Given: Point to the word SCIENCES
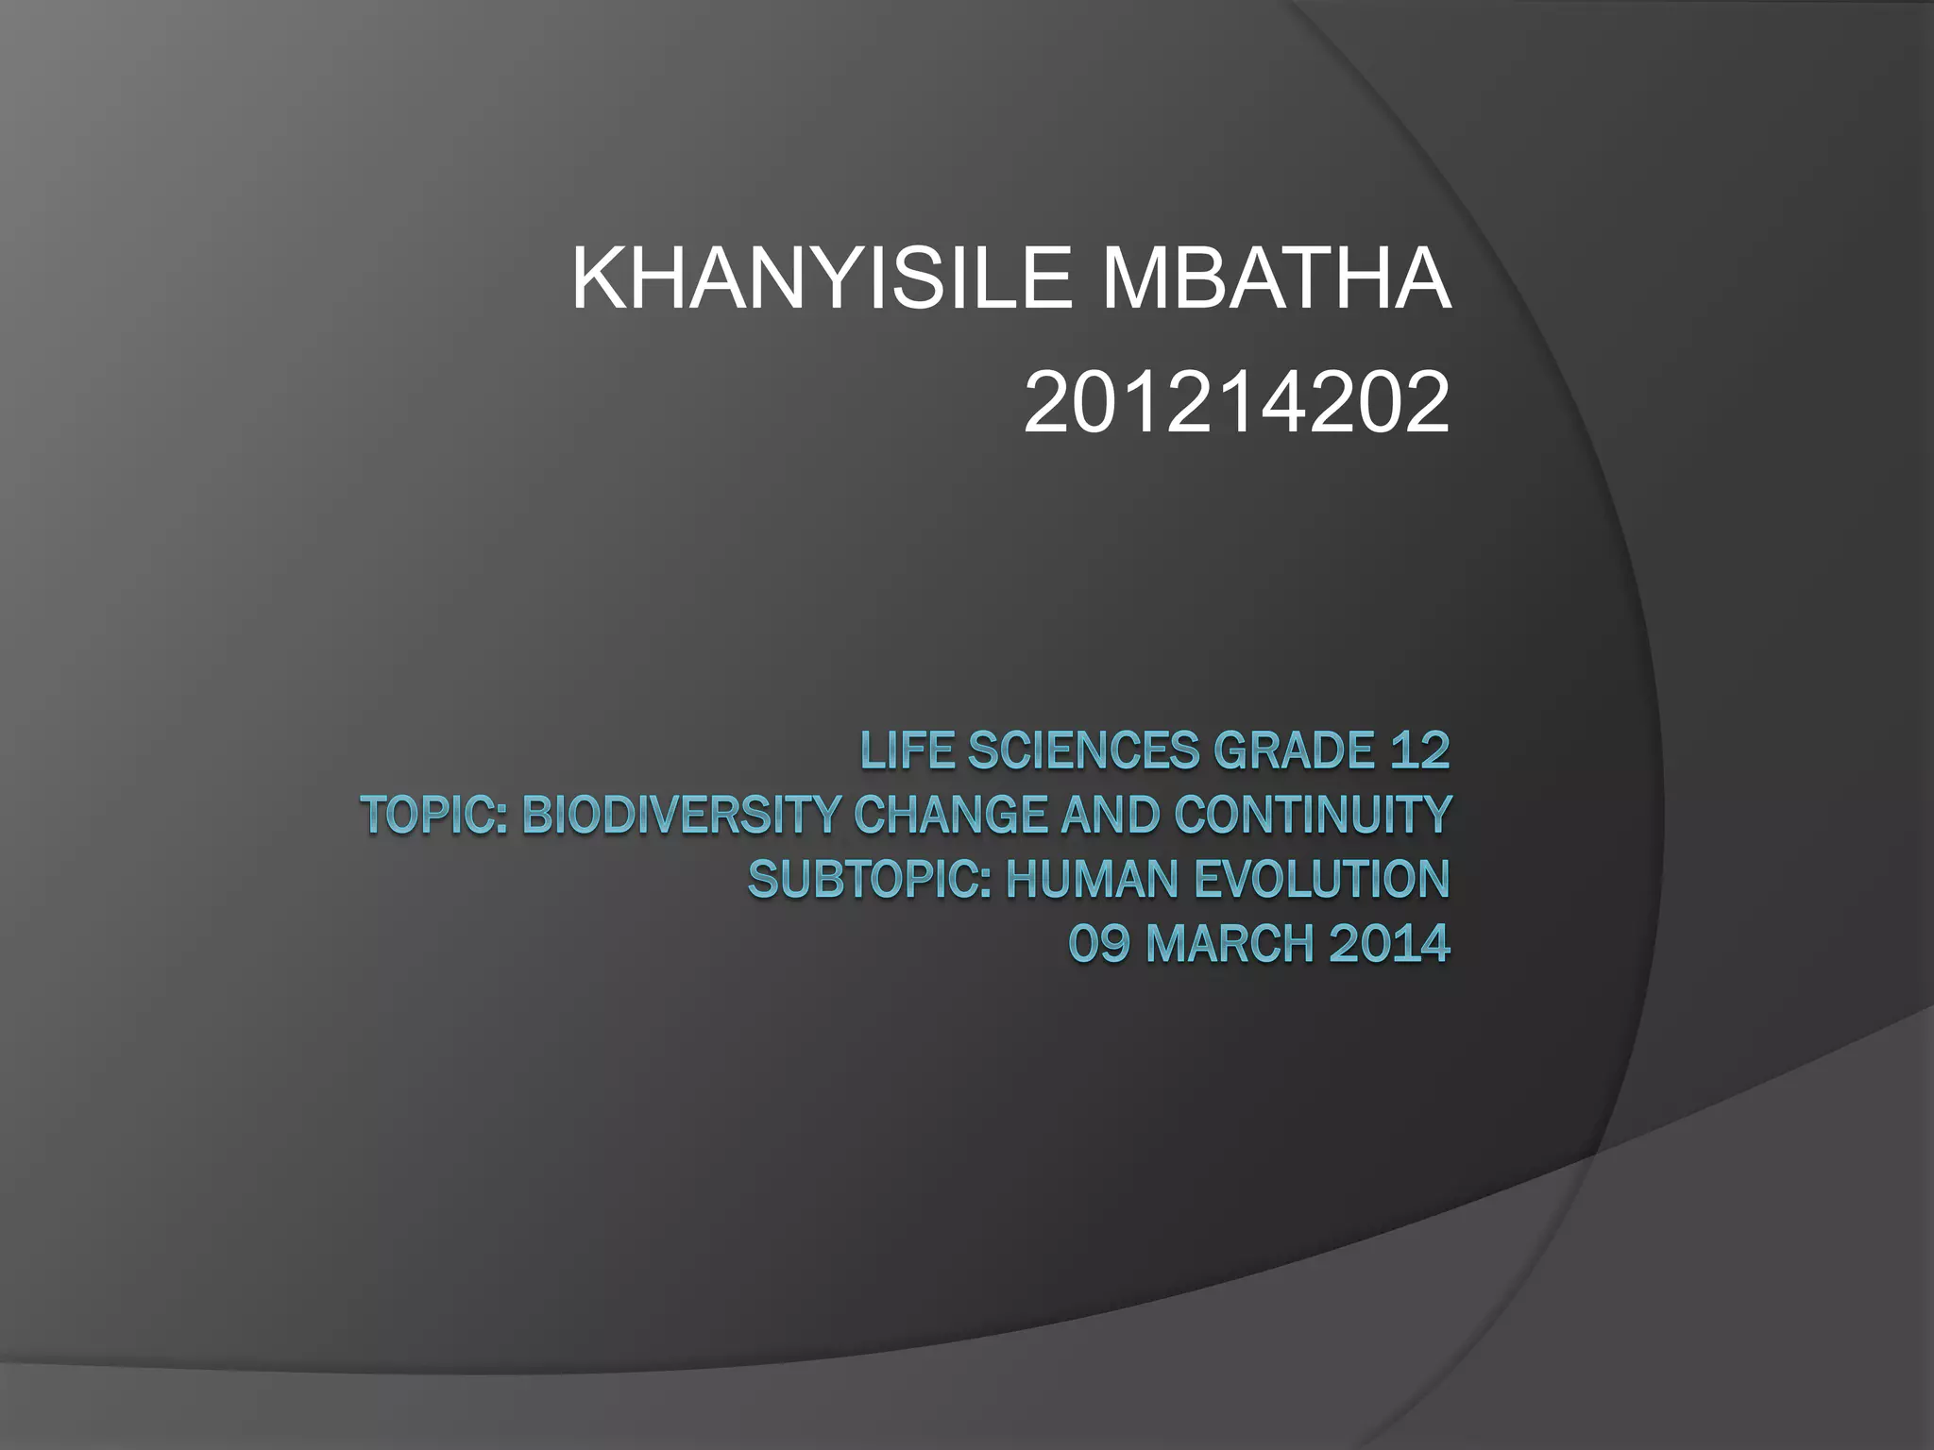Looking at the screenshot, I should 1083,751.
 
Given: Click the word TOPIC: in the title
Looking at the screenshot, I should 435,816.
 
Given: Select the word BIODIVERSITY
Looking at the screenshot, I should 680,816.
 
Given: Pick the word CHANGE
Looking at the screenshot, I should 951,816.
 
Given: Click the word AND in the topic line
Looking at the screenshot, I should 1111,816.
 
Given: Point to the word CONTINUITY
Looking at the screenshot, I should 1313,816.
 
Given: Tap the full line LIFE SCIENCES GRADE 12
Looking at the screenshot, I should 1155,751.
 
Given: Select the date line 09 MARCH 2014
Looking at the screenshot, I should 1259,944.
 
